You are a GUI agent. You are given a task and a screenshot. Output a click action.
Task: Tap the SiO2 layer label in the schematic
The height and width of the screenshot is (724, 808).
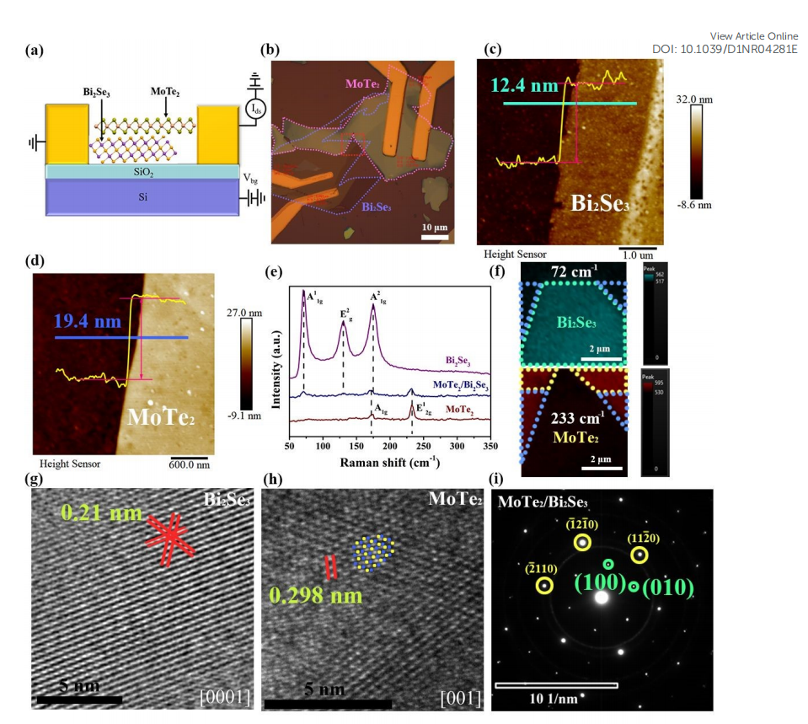(146, 171)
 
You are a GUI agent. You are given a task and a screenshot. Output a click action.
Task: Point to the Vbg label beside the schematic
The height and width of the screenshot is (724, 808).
(250, 178)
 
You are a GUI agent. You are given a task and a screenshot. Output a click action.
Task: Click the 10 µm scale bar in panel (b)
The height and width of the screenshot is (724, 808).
(434, 236)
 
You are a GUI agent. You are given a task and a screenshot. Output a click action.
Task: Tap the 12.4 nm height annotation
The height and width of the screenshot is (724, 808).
(527, 84)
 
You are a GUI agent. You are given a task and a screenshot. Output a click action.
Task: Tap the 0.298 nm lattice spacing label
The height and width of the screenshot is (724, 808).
(315, 595)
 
